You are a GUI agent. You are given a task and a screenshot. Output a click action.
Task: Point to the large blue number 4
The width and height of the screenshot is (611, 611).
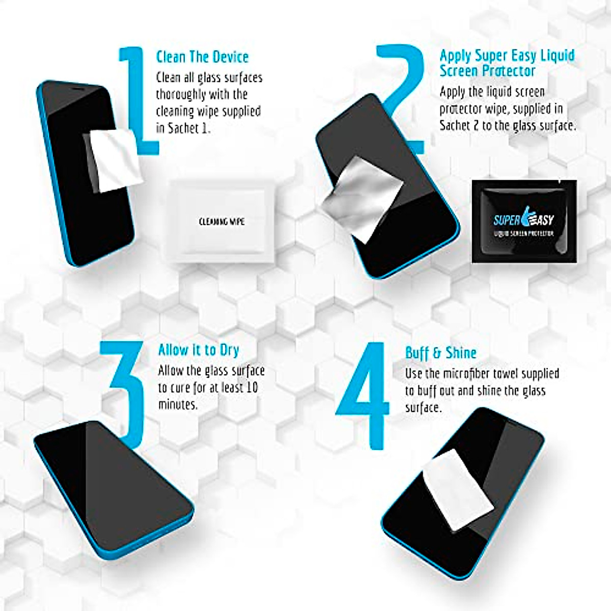coord(365,395)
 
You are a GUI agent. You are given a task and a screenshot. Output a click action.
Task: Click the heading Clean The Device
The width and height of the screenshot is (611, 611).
coord(202,57)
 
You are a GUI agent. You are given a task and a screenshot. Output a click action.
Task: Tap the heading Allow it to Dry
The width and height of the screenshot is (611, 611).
coord(198,350)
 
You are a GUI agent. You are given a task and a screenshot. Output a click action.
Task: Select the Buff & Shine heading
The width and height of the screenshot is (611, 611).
coord(440,353)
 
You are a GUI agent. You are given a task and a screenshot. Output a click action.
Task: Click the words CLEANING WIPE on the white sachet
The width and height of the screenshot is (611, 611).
coord(221,221)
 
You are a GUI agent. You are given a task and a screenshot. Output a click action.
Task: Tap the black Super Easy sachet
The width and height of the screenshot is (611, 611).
coord(524,221)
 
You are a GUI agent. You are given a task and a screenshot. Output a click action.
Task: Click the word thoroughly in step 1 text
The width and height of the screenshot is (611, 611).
coord(181,95)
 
